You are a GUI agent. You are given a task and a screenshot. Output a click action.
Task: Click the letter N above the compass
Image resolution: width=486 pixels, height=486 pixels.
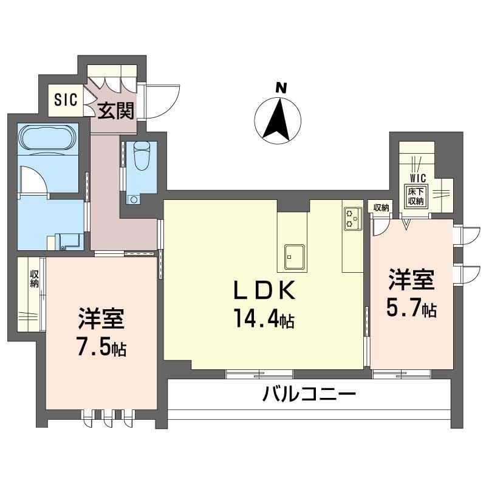coord(280,87)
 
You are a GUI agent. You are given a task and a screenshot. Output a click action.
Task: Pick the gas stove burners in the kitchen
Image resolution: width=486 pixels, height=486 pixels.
coord(352,219)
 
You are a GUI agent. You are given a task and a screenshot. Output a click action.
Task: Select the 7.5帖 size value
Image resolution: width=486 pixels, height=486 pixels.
coord(101,347)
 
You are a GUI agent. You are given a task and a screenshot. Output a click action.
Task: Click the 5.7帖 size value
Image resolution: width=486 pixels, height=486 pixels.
coord(411,309)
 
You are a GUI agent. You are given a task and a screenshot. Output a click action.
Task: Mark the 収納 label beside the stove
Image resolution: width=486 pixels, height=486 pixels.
coord(380,208)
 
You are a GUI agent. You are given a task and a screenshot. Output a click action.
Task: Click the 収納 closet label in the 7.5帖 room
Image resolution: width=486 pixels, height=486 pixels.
coord(35,279)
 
